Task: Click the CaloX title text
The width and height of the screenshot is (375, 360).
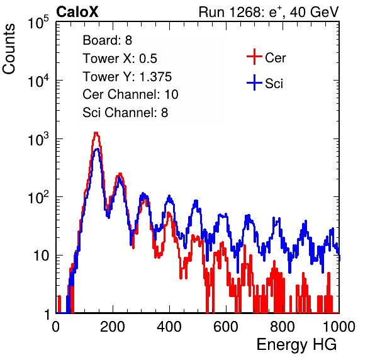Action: [x=77, y=12]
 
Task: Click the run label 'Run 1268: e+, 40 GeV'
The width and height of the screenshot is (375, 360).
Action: [x=269, y=12]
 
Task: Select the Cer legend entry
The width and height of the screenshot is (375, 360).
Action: [x=266, y=57]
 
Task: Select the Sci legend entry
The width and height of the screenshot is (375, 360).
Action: [x=265, y=83]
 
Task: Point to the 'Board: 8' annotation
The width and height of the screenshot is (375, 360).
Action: [x=108, y=40]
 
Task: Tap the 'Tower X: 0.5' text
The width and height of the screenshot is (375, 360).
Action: [x=120, y=59]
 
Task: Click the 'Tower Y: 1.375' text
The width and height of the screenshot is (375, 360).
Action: [x=127, y=77]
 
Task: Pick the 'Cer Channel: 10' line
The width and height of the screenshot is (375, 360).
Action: [x=131, y=94]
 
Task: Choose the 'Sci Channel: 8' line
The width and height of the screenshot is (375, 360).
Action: [x=125, y=113]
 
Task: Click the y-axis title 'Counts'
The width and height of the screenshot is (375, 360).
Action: [x=9, y=49]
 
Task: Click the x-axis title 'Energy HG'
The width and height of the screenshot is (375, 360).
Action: [x=296, y=345]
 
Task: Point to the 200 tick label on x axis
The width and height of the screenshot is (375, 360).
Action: [x=113, y=326]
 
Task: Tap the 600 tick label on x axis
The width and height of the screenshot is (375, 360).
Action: [x=226, y=326]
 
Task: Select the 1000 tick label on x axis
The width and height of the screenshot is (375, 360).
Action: [x=339, y=326]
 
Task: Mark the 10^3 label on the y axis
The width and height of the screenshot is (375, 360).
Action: [x=38, y=139]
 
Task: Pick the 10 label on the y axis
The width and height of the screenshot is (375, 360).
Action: [x=41, y=256]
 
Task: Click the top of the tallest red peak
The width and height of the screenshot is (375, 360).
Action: [x=96, y=132]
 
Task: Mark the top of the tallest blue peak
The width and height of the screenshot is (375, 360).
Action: [x=97, y=149]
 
